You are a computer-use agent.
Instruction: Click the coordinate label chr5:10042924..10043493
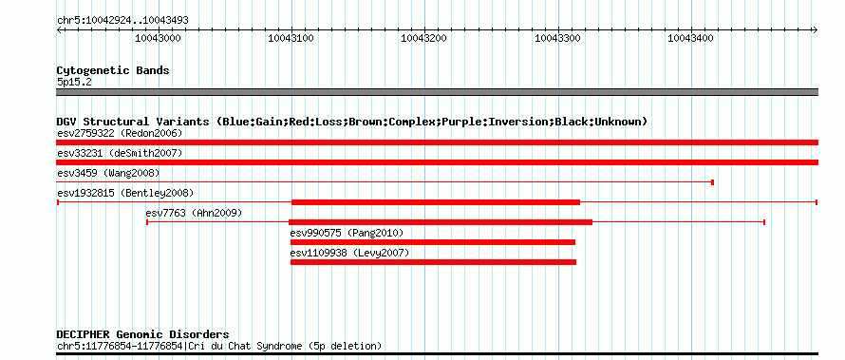[x=122, y=21]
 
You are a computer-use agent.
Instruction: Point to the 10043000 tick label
[x=158, y=38]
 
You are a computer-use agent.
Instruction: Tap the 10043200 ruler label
[x=424, y=38]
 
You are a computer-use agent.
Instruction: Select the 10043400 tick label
[x=690, y=38]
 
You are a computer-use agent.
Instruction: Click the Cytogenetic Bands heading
[x=113, y=70]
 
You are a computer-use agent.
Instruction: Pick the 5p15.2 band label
[x=74, y=83]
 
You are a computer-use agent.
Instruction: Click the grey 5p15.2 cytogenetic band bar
[x=437, y=92]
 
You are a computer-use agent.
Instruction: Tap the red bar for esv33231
[x=437, y=162]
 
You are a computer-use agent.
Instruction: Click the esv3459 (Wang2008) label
[x=108, y=173]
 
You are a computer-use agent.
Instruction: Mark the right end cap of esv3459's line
[x=712, y=182]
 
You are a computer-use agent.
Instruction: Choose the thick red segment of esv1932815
[x=436, y=202]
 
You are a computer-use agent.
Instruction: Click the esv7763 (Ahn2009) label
[x=194, y=213]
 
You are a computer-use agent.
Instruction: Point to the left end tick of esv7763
[x=147, y=222]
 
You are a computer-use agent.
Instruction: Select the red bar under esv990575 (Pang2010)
[x=433, y=242]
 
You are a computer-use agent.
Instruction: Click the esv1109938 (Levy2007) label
[x=349, y=253]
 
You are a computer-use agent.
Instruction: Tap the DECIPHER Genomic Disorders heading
[x=142, y=334]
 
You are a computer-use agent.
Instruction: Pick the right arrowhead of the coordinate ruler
[x=816, y=30]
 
